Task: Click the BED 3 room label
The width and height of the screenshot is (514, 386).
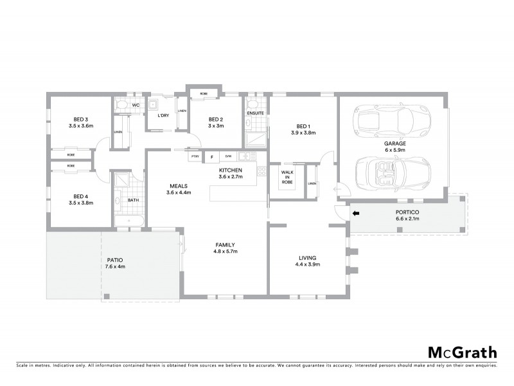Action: click(80, 119)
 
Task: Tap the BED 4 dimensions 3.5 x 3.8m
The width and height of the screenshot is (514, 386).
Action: click(80, 203)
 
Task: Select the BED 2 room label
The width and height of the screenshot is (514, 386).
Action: click(215, 119)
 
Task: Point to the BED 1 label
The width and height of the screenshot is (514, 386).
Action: click(303, 126)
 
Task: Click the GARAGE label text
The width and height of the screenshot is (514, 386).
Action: click(394, 144)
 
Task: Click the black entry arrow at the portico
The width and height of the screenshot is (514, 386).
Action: click(356, 214)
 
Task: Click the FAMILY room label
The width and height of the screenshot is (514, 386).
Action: click(225, 244)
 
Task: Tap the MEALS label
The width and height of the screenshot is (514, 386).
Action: click(179, 185)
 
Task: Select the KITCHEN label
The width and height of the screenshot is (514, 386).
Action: click(229, 170)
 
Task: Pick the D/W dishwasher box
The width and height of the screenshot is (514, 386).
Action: click(227, 156)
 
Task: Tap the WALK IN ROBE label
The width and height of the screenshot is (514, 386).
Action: click(287, 177)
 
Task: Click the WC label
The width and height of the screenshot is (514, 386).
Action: click(136, 105)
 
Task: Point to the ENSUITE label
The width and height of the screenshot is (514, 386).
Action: click(255, 113)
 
